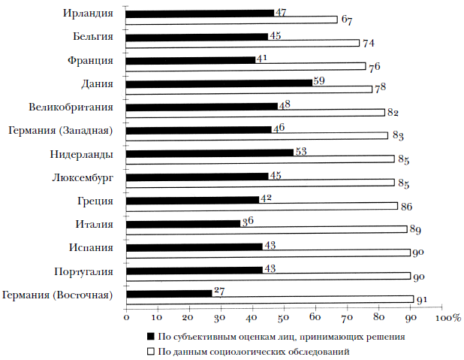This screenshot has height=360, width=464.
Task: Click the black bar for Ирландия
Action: click(200, 13)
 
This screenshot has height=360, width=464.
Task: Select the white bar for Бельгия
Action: click(243, 43)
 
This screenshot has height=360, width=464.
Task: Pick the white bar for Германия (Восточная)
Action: click(270, 299)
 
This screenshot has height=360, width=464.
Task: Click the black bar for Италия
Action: click(182, 223)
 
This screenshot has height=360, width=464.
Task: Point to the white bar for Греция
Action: click(261, 206)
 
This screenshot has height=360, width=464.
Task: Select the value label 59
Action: click(318, 80)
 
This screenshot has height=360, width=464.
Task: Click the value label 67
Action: click(347, 20)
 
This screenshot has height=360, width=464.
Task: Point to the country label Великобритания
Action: click(72, 107)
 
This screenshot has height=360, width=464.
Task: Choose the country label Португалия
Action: click(83, 271)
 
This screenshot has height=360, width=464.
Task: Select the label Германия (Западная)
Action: click(61, 130)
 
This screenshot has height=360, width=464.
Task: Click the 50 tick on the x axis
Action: click(284, 319)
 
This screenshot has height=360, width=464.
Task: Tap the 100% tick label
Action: click(447, 319)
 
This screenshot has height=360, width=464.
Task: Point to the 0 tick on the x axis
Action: click(127, 319)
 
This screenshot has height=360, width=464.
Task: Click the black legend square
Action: click(150, 337)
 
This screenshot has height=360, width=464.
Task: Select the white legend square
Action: click(150, 350)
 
